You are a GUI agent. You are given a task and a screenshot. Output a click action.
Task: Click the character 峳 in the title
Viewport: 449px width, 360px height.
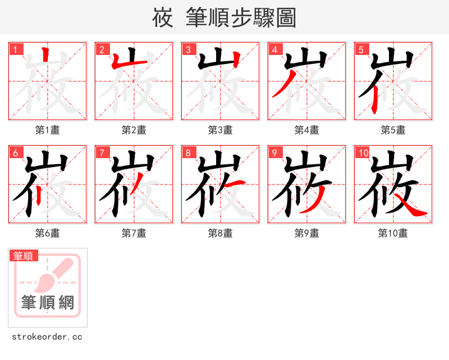click(x=163, y=18)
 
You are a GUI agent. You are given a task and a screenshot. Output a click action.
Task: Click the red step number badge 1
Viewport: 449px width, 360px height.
click(x=15, y=50)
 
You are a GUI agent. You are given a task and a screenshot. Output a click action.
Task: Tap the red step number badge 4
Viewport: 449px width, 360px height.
click(x=274, y=50)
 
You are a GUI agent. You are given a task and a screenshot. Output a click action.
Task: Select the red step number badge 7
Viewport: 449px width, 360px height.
click(x=102, y=153)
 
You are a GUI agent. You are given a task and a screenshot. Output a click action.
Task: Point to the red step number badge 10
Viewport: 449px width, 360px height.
click(x=363, y=153)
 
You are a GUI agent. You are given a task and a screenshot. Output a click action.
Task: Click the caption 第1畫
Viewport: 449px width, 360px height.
click(x=47, y=130)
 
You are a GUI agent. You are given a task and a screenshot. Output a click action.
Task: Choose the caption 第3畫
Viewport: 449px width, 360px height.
click(x=220, y=130)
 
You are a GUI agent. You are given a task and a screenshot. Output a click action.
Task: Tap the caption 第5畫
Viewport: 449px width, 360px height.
click(x=393, y=130)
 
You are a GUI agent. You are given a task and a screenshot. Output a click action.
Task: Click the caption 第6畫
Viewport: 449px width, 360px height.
click(x=47, y=233)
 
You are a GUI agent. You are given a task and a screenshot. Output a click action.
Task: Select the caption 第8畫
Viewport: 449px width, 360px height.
click(x=220, y=233)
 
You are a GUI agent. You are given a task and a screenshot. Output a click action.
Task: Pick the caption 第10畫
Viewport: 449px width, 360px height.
click(x=393, y=233)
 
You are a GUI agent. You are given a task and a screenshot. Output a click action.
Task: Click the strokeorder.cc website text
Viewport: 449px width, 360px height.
click(x=47, y=337)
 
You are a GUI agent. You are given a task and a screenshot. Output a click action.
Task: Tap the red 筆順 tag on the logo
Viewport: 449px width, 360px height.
click(x=24, y=256)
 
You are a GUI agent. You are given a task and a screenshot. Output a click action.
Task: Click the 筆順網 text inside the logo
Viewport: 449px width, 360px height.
click(x=48, y=303)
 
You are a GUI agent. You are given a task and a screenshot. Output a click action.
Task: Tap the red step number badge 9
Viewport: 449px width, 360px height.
click(x=274, y=153)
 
